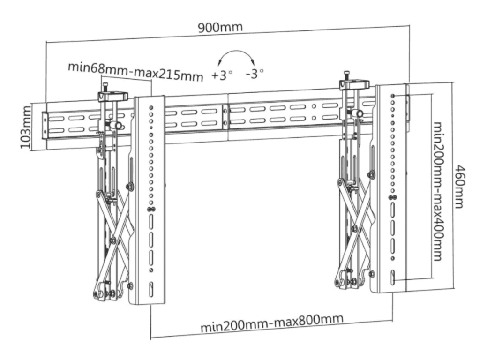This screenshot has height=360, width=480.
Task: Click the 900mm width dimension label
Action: (x=220, y=27)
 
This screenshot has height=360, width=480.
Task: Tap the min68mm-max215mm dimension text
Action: (x=135, y=71)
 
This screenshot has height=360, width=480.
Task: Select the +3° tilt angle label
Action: (x=221, y=75)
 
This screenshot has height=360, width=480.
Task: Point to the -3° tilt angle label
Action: (x=255, y=74)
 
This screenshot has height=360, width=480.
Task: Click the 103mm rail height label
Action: (x=25, y=127)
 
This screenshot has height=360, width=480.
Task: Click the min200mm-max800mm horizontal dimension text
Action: (x=271, y=323)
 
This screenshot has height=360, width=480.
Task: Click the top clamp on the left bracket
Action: (x=112, y=96)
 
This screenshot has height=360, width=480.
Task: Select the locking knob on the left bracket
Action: (x=115, y=125)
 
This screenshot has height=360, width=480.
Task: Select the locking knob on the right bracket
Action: (x=357, y=113)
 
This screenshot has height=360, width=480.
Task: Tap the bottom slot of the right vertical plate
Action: (x=392, y=277)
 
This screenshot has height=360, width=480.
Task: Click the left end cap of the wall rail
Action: (x=45, y=125)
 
